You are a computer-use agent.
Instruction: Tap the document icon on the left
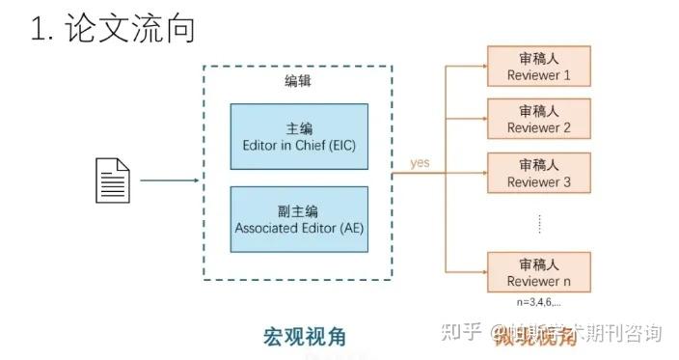tap(111, 180)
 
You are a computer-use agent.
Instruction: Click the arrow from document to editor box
tap(170, 180)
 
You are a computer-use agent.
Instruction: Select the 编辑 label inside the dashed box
tap(298, 82)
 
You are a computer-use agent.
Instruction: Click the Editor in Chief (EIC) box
tap(298, 137)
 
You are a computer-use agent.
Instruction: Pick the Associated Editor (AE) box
tap(298, 219)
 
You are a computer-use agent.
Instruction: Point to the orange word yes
tap(420, 163)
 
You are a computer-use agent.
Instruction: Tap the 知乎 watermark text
tap(459, 334)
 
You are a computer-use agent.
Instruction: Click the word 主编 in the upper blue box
tap(298, 128)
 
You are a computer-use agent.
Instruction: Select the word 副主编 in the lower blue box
tap(298, 210)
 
